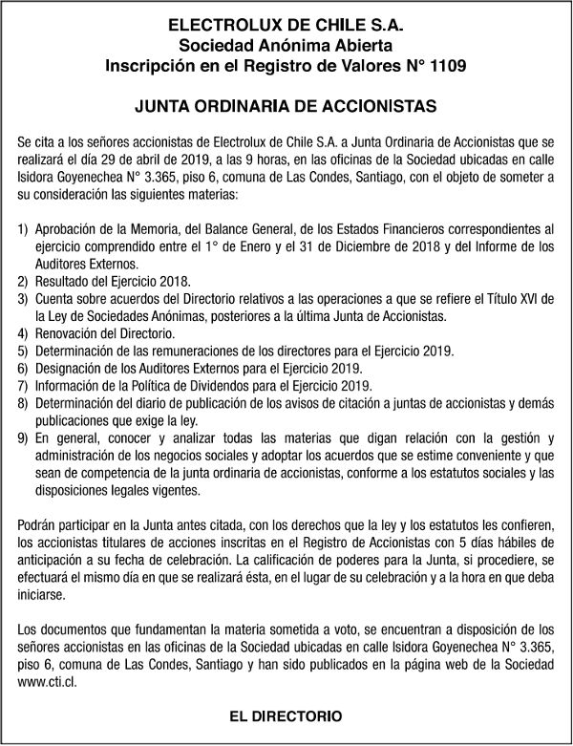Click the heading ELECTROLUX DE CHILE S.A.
click(286, 23)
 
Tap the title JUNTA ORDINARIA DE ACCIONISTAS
click(286, 105)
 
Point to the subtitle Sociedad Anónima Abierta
click(286, 44)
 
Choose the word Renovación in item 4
click(70, 333)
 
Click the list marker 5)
click(23, 351)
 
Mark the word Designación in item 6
click(70, 368)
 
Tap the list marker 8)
click(23, 402)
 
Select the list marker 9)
click(23, 438)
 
